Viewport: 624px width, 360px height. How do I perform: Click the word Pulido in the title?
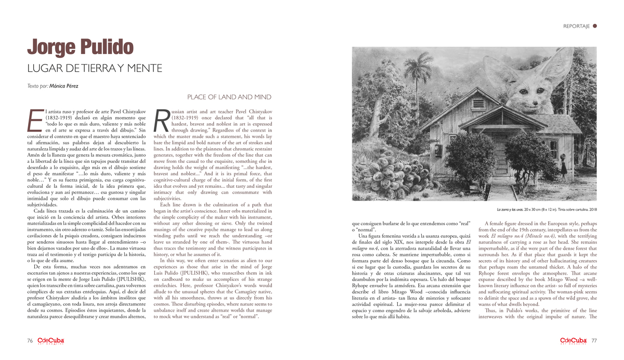107,47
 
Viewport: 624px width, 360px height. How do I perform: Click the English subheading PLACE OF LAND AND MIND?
229,97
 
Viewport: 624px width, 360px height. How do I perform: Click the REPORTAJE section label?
576,26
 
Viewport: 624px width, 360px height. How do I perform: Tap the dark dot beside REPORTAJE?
595,25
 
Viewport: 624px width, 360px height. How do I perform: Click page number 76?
30,341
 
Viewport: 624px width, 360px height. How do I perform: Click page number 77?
594,341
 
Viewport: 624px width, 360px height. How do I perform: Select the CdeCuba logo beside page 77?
574,341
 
